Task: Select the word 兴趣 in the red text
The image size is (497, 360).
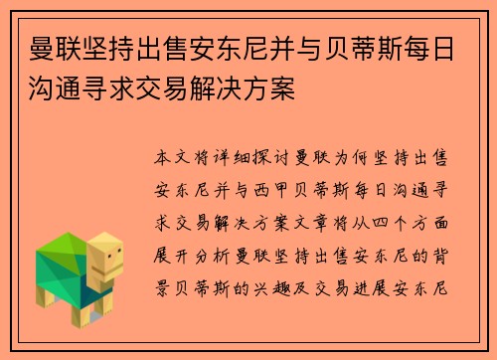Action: [297, 277]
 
